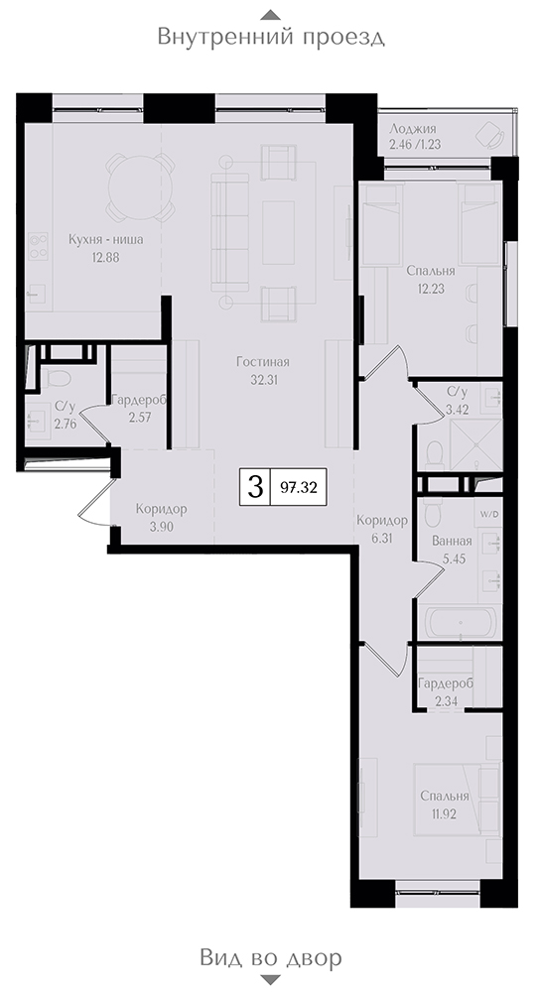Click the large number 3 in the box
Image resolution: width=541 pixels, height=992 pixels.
pyautogui.click(x=255, y=487)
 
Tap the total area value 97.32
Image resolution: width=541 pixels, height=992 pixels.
pyautogui.click(x=298, y=488)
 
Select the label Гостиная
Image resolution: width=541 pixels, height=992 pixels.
pyautogui.click(x=263, y=362)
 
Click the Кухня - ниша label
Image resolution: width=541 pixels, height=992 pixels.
pyautogui.click(x=105, y=240)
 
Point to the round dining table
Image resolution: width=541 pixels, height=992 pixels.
pyautogui.click(x=140, y=186)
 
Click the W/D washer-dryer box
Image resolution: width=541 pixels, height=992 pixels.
pyautogui.click(x=489, y=515)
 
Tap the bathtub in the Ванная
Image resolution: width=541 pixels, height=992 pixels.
pyautogui.click(x=461, y=623)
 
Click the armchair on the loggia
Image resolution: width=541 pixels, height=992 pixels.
pyautogui.click(x=489, y=135)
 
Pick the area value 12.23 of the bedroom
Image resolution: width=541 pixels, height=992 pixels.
pyautogui.click(x=431, y=287)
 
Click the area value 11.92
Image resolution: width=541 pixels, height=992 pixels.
pyautogui.click(x=444, y=813)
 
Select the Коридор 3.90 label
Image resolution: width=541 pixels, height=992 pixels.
pyautogui.click(x=162, y=517)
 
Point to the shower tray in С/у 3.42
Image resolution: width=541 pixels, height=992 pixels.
pyautogui.click(x=475, y=444)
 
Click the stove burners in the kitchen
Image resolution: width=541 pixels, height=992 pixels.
pyautogui.click(x=40, y=246)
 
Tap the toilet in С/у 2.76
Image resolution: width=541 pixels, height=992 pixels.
pyautogui.click(x=56, y=377)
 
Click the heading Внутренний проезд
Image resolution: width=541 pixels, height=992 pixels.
pyautogui.click(x=271, y=37)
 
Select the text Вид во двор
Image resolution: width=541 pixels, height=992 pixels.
pyautogui.click(x=271, y=957)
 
